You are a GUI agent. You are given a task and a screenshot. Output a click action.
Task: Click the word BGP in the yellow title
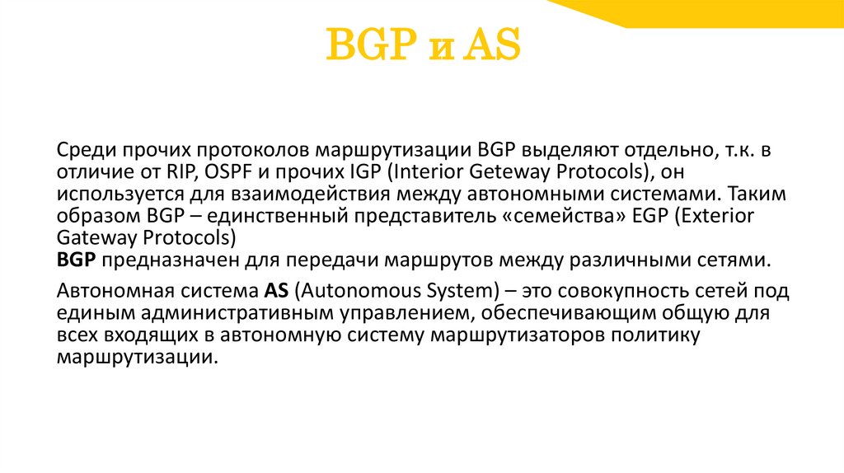pyautogui.click(x=368, y=46)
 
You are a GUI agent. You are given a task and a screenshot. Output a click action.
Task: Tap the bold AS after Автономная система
pyautogui.click(x=275, y=292)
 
